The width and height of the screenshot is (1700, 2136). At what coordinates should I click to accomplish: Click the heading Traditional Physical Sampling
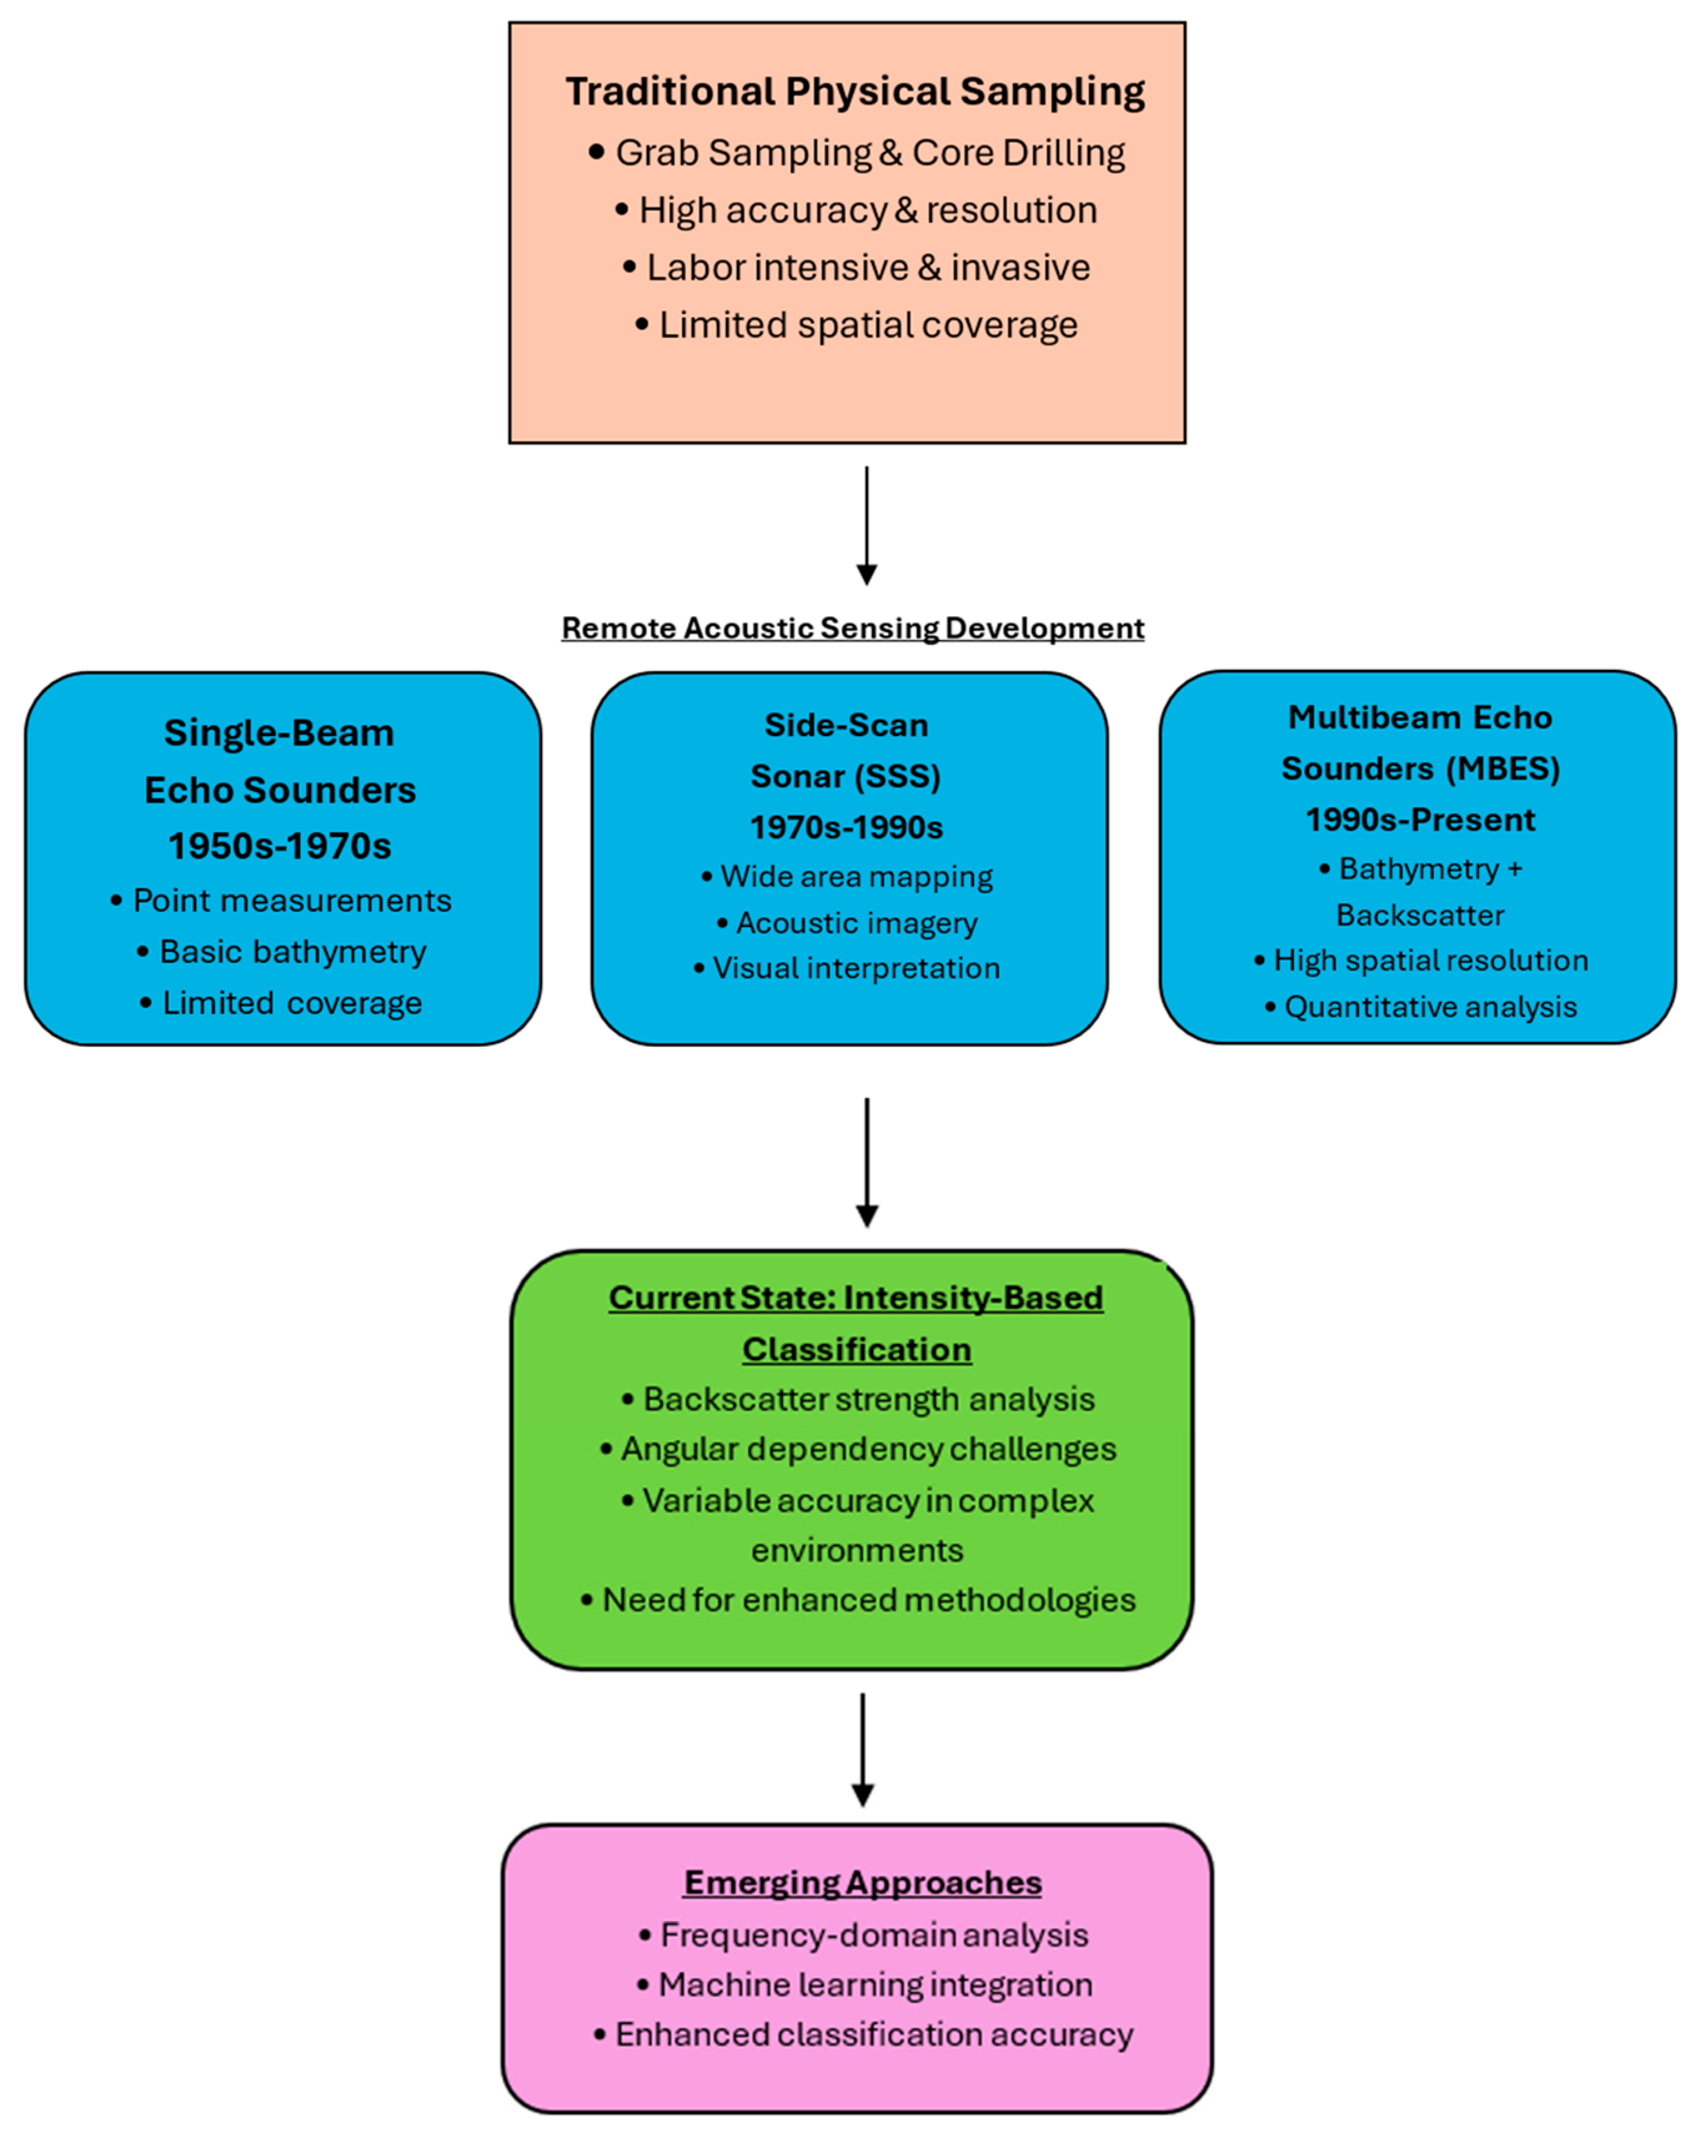855,91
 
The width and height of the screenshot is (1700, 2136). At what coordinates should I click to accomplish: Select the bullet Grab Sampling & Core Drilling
857,152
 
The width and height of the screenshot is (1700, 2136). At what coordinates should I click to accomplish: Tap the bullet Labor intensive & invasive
857,268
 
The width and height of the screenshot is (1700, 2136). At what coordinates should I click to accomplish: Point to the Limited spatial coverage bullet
857,325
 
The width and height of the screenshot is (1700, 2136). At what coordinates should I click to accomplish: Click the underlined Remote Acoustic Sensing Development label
853,628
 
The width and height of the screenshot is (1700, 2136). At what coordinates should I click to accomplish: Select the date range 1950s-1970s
279,846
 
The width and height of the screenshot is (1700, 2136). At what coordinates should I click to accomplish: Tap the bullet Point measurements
282,901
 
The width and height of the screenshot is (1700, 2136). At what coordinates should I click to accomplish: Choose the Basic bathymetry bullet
282,952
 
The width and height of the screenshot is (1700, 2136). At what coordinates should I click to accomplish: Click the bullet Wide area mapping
847,877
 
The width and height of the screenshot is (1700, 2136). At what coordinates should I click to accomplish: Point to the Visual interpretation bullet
847,968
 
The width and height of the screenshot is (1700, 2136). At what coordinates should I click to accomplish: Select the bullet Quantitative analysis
1421,1007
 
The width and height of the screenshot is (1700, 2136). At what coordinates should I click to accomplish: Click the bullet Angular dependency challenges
858,1449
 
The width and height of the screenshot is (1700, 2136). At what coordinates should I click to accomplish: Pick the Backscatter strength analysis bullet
858,1400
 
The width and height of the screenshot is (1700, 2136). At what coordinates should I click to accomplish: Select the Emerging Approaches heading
862,1883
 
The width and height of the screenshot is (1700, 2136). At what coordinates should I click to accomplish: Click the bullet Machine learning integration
865,1984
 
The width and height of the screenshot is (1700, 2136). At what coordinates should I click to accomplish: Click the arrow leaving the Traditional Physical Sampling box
867,526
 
